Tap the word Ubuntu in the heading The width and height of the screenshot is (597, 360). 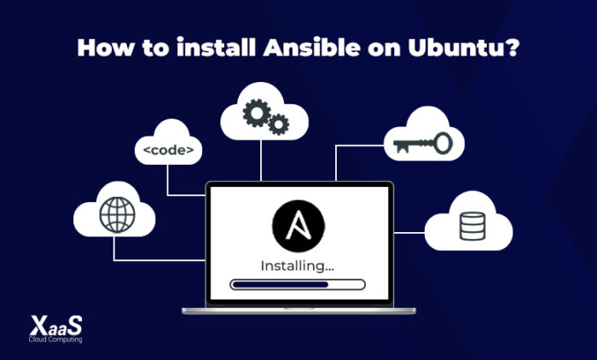click(x=461, y=48)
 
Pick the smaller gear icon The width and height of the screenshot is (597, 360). click(x=278, y=126)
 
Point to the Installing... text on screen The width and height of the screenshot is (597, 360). click(x=297, y=265)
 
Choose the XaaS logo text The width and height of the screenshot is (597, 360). click(x=51, y=324)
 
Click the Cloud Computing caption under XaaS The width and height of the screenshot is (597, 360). click(x=51, y=340)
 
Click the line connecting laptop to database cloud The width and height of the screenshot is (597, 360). click(x=409, y=230)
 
